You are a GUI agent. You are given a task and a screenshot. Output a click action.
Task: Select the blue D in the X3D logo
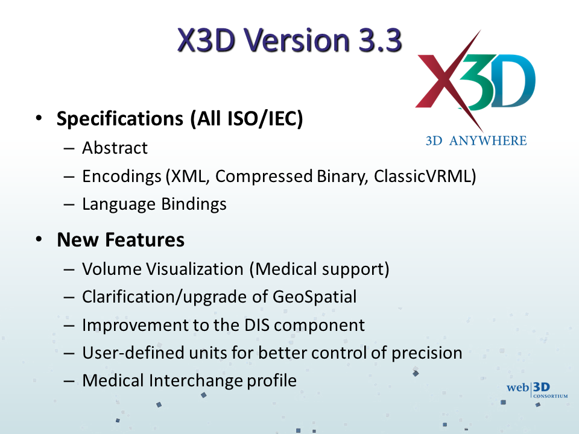[x=514, y=81]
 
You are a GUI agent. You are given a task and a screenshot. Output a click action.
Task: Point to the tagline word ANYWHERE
[x=488, y=140]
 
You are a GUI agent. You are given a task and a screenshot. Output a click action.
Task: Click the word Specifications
[x=120, y=119]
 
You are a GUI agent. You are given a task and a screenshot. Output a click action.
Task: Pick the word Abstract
[x=115, y=148]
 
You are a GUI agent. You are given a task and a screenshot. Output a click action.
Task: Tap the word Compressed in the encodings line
[x=264, y=176]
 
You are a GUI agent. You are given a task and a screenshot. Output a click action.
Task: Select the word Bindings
[x=194, y=204]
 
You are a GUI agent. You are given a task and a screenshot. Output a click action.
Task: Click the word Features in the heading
[x=145, y=240]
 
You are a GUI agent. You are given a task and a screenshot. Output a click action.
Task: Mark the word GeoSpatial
[x=315, y=297]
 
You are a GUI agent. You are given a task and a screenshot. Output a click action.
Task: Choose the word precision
[x=427, y=353]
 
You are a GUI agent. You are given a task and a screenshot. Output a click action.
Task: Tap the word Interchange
[x=195, y=381]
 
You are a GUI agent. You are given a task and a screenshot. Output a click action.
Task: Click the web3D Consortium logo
[x=537, y=390]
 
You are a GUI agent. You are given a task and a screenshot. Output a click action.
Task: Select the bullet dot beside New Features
[x=39, y=239]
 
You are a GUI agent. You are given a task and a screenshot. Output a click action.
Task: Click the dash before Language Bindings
[x=69, y=205]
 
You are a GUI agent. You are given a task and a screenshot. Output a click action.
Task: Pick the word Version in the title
[x=297, y=40]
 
